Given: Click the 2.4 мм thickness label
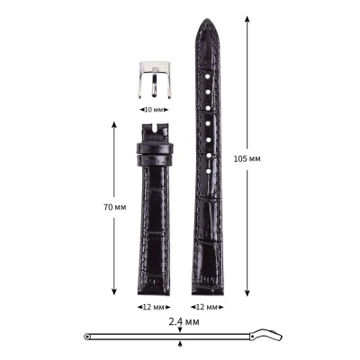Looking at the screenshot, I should click(x=183, y=320).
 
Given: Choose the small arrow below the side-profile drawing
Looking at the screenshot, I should click(x=183, y=343).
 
